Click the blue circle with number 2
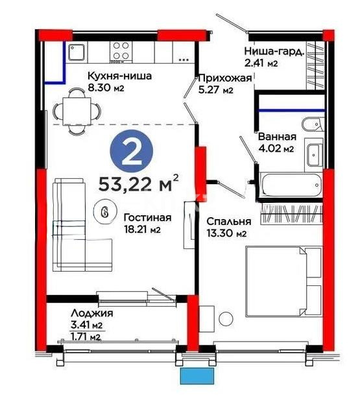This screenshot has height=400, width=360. pos(134,152)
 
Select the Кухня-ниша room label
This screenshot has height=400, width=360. pos(120,76)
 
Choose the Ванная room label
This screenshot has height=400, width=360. pos(277,137)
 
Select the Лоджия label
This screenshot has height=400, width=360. pos(86,314)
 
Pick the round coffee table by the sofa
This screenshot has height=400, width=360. pos(102,211)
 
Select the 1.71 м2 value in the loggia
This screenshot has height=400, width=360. pos(86,336)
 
